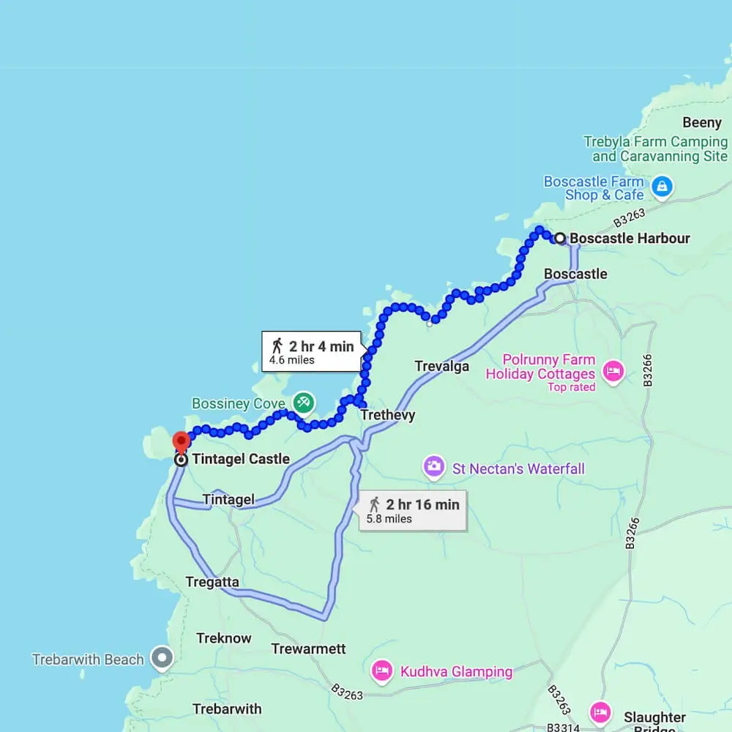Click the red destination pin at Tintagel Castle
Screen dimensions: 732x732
tap(181, 442)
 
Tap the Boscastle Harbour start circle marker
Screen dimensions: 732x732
tap(560, 238)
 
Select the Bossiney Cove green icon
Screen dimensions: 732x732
tap(303, 402)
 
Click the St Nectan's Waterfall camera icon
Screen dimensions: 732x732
tap(434, 466)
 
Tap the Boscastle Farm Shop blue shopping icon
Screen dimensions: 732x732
tap(662, 187)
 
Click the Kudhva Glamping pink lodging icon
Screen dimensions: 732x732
tap(381, 671)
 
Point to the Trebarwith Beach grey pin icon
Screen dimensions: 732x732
tap(161, 658)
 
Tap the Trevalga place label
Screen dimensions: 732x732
tap(441, 366)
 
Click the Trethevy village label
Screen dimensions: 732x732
tap(387, 415)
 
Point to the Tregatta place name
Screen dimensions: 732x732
tap(212, 582)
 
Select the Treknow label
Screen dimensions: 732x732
tap(223, 638)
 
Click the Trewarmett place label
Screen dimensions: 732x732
tap(308, 649)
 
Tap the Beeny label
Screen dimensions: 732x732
tap(701, 122)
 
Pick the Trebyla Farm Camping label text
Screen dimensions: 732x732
tap(656, 149)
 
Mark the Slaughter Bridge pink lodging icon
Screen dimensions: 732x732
tap(600, 712)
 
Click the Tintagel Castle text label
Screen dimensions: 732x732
tap(241, 460)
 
